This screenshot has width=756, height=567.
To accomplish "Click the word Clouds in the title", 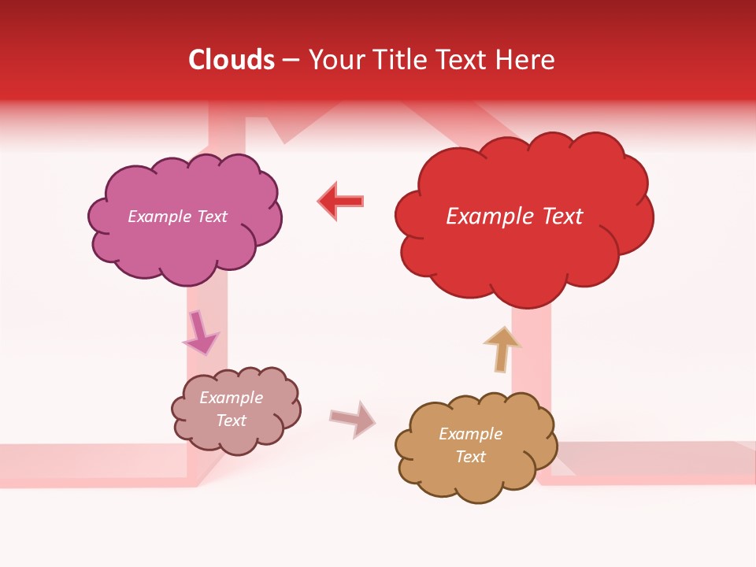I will tap(232, 60).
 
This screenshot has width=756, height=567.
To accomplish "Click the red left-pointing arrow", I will tap(342, 202).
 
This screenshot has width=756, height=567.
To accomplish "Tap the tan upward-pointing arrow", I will tap(502, 348).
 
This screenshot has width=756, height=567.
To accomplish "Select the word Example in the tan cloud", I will tap(470, 434).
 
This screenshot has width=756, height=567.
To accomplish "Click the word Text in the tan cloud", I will tap(470, 457).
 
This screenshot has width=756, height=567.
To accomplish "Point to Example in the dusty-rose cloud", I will tap(231, 398).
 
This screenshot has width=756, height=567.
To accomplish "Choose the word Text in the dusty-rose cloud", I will tap(231, 421).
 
